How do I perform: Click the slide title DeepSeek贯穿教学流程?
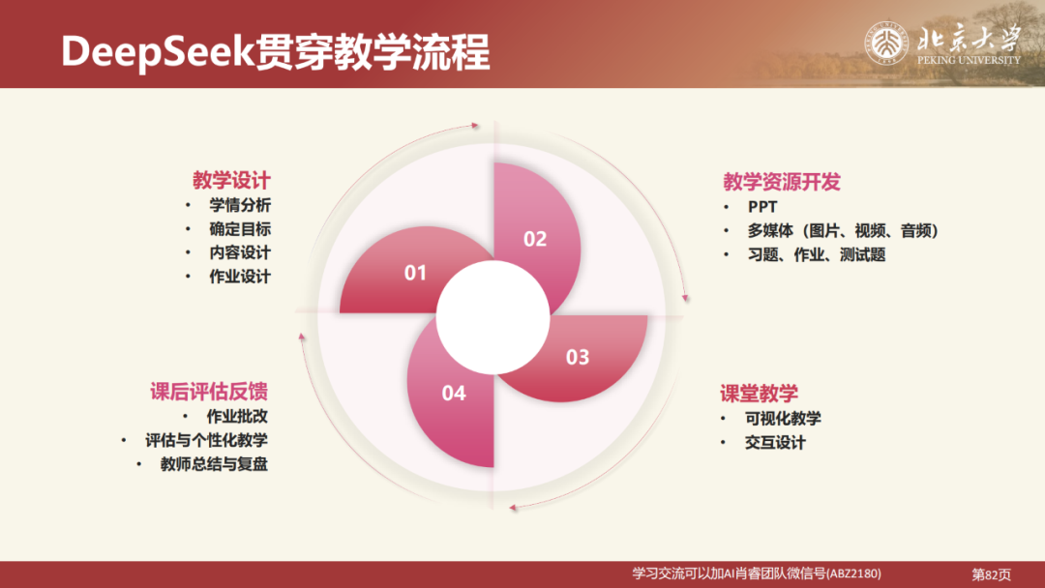(x=275, y=52)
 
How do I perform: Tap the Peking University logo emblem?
(x=884, y=44)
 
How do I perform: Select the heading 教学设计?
(x=231, y=181)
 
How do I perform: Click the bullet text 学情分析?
(x=240, y=205)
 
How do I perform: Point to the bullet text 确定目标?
(x=240, y=229)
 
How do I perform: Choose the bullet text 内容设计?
(x=240, y=252)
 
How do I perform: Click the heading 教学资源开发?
(x=782, y=182)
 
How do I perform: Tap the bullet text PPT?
(x=762, y=207)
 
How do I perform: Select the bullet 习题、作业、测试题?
(x=817, y=255)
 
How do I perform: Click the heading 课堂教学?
(x=759, y=394)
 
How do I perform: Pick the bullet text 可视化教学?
(x=783, y=419)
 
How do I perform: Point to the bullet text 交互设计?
(x=775, y=443)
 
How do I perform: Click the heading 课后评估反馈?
(x=208, y=392)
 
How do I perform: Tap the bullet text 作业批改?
(x=237, y=417)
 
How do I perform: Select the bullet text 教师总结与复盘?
(x=214, y=464)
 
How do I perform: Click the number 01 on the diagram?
(x=415, y=274)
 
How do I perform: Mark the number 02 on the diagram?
(x=535, y=239)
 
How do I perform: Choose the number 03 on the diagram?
(x=577, y=358)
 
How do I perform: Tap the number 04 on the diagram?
(x=454, y=393)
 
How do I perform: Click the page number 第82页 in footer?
(x=991, y=574)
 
